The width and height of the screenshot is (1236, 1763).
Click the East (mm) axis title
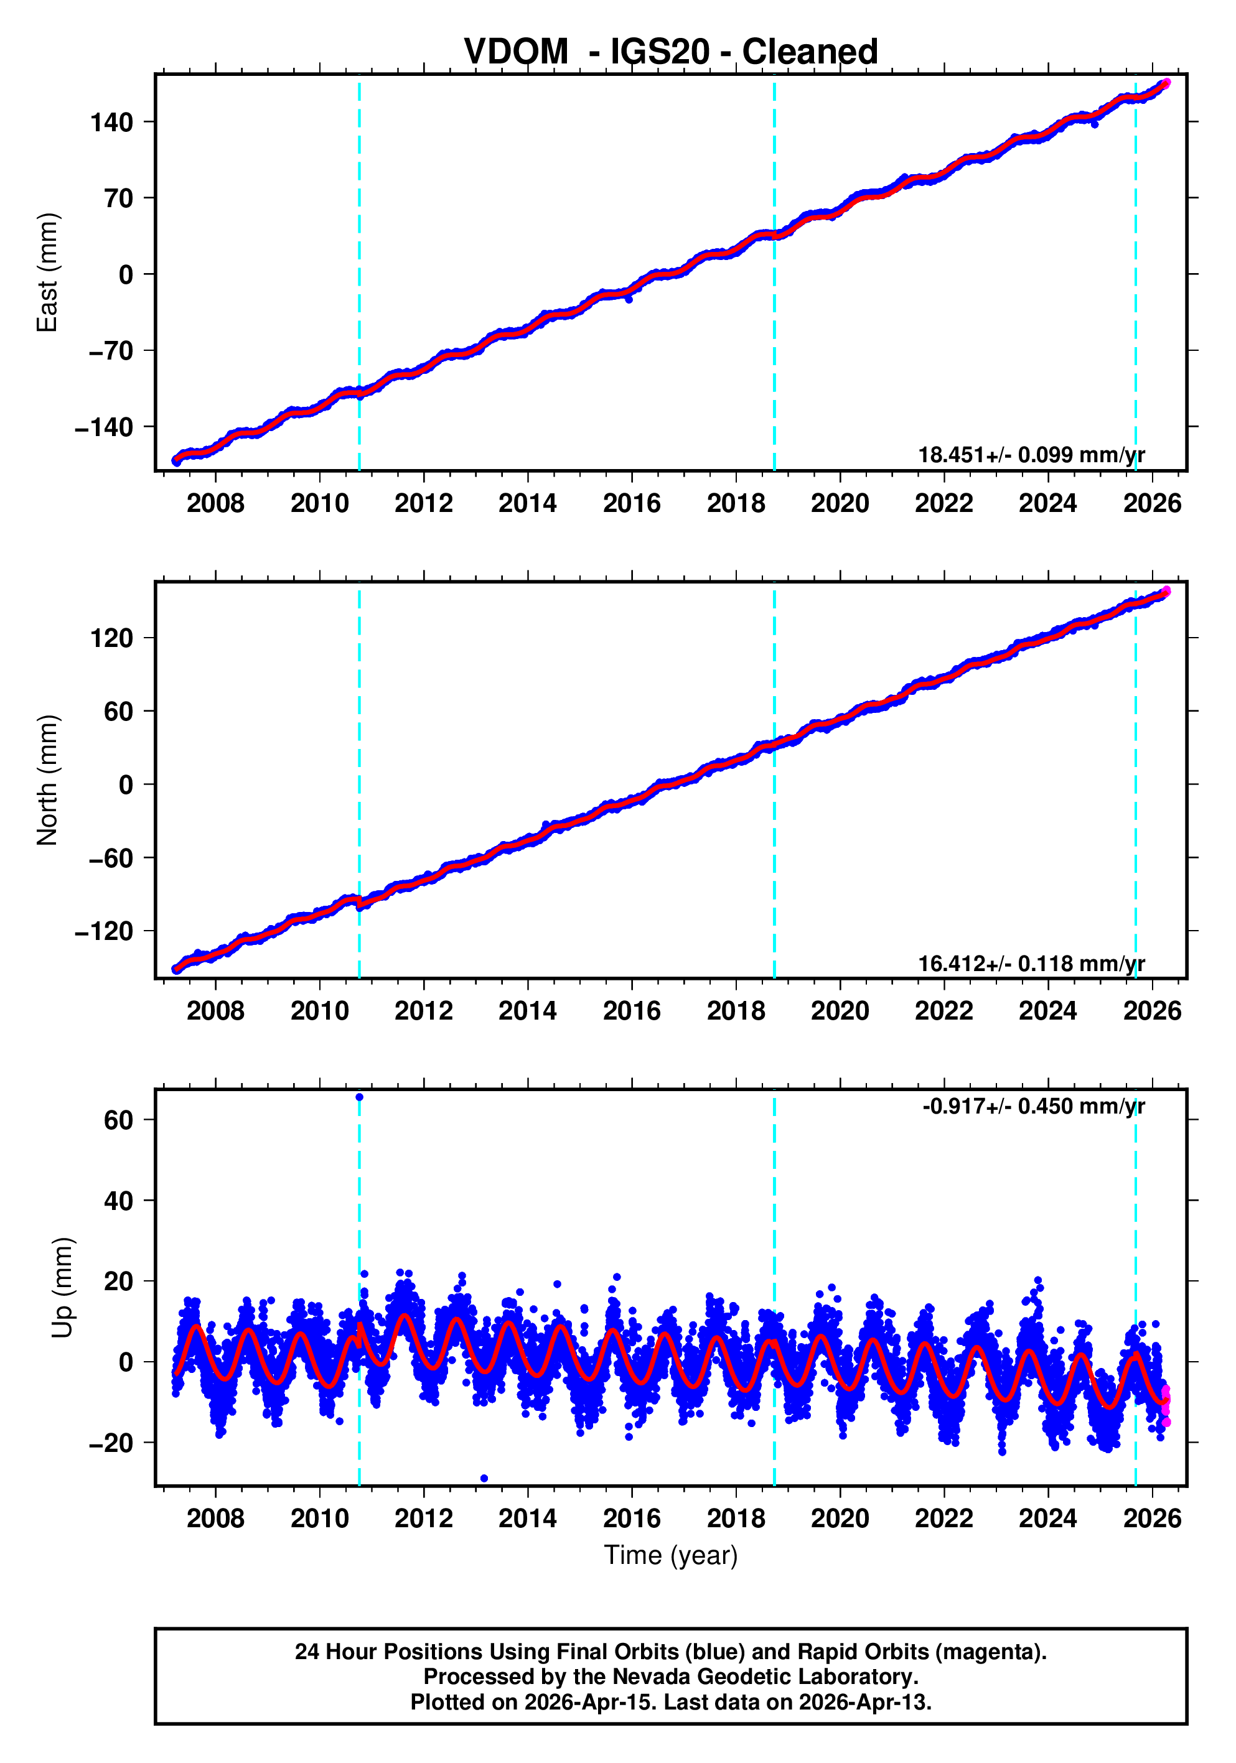(48, 272)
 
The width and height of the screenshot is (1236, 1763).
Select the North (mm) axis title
(48, 780)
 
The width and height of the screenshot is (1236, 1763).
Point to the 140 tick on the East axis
(111, 122)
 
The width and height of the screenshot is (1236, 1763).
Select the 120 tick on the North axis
(111, 638)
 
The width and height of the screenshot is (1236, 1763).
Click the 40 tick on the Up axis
(118, 1201)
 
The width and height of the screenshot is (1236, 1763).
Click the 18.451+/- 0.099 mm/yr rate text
(1031, 455)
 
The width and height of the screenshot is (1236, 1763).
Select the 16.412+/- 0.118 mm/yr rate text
(1031, 963)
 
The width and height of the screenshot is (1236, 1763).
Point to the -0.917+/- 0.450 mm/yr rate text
(1033, 1107)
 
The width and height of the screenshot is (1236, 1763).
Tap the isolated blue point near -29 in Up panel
(483, 1478)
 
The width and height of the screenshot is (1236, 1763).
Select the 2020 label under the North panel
(840, 1012)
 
